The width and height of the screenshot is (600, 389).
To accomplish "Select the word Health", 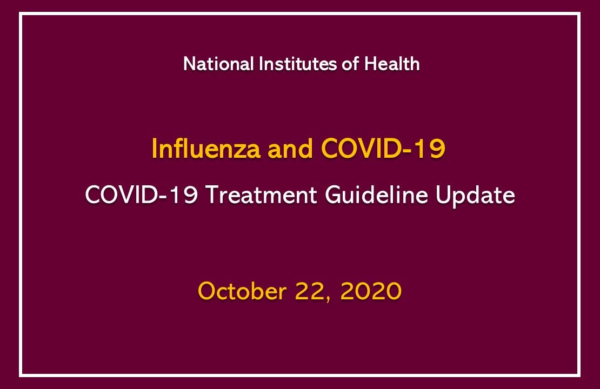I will pyautogui.click(x=392, y=64).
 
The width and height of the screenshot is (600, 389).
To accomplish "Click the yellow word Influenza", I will pyautogui.click(x=206, y=149).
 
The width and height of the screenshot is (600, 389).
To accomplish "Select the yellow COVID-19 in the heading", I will pyautogui.click(x=383, y=149).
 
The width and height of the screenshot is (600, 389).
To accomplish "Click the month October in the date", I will pyautogui.click(x=242, y=292).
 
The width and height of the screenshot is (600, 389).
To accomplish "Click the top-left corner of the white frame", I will pyautogui.click(x=21, y=14).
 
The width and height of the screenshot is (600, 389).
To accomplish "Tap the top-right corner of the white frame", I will pyautogui.click(x=578, y=14).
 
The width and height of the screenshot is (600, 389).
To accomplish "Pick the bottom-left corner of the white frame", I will pyautogui.click(x=21, y=374).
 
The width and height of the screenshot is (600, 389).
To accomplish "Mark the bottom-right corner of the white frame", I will pyautogui.click(x=578, y=374).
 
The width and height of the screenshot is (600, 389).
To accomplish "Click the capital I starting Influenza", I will pyautogui.click(x=155, y=149).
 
